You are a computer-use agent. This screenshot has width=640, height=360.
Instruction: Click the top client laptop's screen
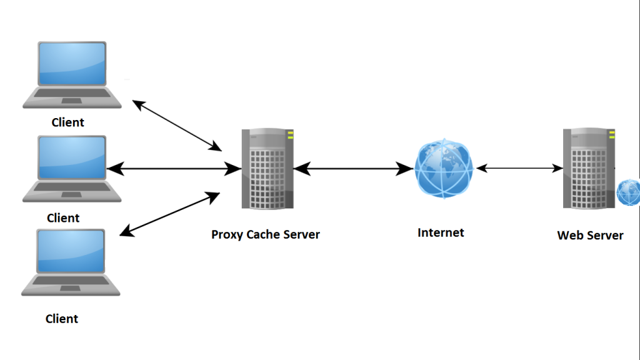[x=72, y=64]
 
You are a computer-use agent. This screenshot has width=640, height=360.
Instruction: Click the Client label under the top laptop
[x=67, y=122]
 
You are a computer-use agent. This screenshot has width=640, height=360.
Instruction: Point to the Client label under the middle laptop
[x=63, y=218]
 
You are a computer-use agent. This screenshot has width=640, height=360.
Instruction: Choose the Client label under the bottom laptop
[x=62, y=319]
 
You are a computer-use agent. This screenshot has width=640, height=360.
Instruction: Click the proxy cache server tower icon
[x=267, y=169]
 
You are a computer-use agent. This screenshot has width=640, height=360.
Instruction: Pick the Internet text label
[x=441, y=233]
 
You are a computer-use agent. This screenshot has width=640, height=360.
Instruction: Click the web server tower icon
[x=587, y=169]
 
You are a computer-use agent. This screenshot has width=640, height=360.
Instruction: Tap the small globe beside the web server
[x=628, y=192]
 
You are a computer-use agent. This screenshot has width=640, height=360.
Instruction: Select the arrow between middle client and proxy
[x=174, y=169]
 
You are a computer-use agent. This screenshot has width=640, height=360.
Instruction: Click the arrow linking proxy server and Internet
[x=354, y=169]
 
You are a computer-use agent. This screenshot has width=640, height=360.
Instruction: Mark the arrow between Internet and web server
[x=519, y=168]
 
